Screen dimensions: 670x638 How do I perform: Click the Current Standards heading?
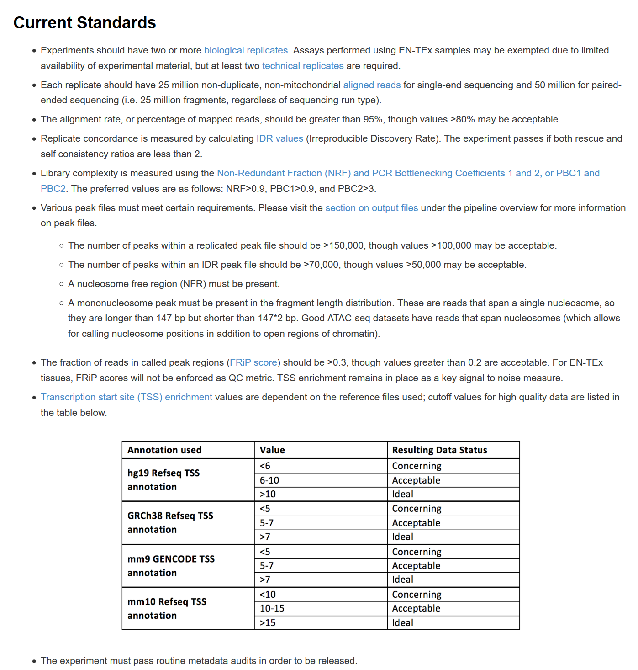coord(84,23)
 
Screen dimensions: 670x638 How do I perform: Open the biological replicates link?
coord(246,50)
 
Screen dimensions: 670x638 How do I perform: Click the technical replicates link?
coord(302,66)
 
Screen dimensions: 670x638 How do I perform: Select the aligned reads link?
coord(372,85)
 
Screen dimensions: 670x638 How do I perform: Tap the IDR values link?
coord(279,138)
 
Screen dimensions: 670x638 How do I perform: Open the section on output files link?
coord(371,208)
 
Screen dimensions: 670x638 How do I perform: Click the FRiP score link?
coord(253,362)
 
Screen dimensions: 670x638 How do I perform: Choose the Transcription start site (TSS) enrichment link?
coord(127,397)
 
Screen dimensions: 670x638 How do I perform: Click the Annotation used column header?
coord(164,450)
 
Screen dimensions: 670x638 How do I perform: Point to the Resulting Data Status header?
coord(439,450)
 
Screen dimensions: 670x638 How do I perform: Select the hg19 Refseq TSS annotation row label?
coord(163,480)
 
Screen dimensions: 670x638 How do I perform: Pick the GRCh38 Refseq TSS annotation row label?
coord(170,523)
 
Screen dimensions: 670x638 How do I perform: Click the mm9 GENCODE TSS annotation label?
coord(171,566)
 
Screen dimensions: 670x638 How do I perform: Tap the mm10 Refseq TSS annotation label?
coord(167,608)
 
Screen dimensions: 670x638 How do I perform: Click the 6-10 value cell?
coord(269,480)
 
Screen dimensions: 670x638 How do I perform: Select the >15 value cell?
coord(268,623)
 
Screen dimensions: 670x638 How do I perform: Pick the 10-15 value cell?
coord(272,608)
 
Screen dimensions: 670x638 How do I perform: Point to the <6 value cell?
coord(265,466)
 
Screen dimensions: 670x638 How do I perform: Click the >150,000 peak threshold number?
coord(343,245)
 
